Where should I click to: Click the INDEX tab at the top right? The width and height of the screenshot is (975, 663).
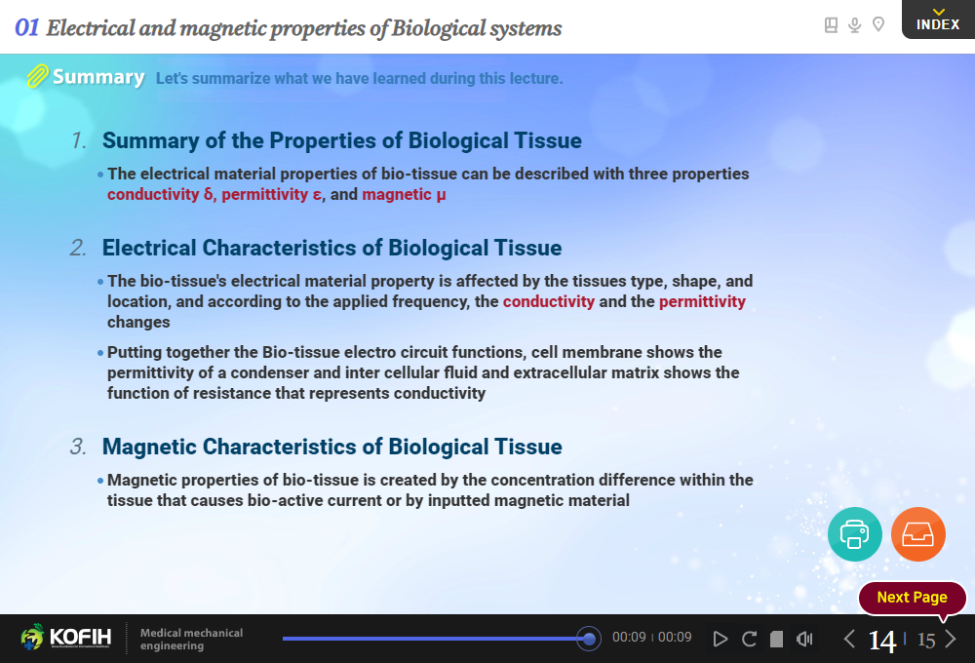point(938,19)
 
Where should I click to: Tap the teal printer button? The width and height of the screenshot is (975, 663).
point(854,534)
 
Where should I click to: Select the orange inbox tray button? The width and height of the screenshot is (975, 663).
point(917,534)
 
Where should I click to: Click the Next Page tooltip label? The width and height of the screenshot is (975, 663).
point(913,598)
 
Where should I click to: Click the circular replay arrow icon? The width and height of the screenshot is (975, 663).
point(749,639)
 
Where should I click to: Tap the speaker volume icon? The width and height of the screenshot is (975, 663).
point(804,639)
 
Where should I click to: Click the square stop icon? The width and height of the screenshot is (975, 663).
point(777,640)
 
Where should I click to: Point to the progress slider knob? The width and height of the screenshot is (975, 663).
point(588,638)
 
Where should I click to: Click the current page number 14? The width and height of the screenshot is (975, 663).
point(882,641)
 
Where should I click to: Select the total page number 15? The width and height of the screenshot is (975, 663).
point(926,641)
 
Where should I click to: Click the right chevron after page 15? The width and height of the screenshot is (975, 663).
point(950,639)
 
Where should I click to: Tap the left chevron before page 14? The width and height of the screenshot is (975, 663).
point(849,639)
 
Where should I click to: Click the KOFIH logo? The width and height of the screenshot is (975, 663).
point(66,637)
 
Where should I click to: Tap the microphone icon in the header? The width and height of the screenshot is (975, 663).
point(855,25)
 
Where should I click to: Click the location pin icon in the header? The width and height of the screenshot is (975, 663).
point(878,24)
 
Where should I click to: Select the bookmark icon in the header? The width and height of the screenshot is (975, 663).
point(831,25)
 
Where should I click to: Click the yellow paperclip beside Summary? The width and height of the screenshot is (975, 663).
point(37,76)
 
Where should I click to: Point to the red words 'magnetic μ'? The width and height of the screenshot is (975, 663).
point(405,195)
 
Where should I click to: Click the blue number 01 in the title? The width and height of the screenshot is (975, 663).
point(26,27)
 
